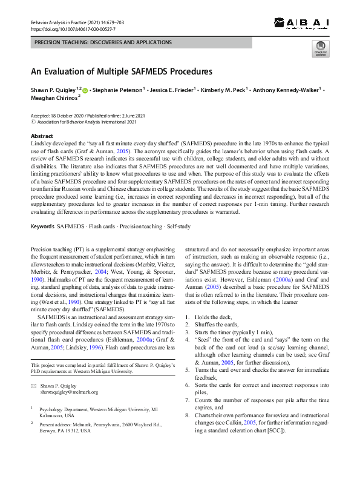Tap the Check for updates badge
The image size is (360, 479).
pyautogui.click(x=320, y=49)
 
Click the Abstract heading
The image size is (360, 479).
pyautogui.click(x=42, y=136)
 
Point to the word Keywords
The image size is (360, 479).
pyautogui.click(x=42, y=226)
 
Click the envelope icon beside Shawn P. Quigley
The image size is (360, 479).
pyautogui.click(x=34, y=385)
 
